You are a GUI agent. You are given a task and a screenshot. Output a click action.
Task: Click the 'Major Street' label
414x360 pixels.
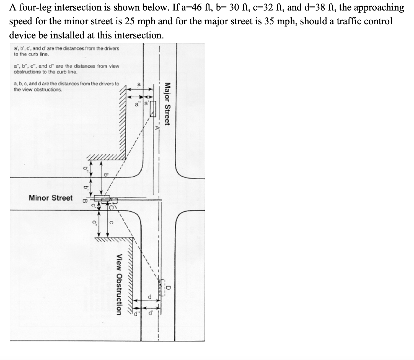coord(167,104)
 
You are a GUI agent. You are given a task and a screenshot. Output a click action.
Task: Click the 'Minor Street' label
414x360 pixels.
coord(51,198)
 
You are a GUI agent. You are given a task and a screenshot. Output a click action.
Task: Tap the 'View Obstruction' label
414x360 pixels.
coord(119,285)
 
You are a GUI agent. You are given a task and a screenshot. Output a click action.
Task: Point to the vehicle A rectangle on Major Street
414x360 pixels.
coord(153,109)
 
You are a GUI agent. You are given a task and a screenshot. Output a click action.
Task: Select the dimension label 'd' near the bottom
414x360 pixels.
coord(149,297)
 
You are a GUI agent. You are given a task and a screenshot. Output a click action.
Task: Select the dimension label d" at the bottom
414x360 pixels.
coord(136,314)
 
